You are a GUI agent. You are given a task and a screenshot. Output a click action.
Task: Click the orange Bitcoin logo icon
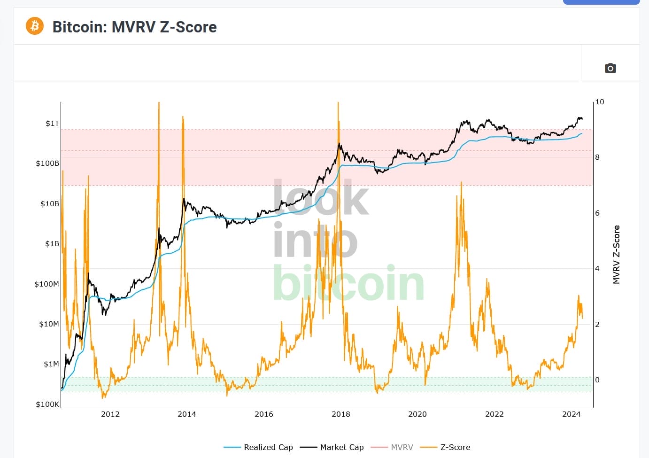35,26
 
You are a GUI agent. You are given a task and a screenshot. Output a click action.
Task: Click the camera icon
610,68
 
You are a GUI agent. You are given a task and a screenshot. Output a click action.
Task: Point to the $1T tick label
52,124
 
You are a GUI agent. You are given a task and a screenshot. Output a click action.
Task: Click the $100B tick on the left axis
47,163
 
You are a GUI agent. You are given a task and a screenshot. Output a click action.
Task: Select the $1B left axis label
52,244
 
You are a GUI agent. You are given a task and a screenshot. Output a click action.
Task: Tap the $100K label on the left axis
47,404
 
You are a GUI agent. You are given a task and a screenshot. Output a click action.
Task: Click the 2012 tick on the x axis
110,414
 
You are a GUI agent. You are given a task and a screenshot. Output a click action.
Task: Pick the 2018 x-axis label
341,414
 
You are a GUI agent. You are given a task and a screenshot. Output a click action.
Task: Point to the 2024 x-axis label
572,414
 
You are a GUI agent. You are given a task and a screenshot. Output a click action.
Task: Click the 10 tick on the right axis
600,102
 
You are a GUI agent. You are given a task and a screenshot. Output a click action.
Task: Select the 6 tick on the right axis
597,213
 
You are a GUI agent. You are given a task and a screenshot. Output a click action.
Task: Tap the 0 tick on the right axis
597,380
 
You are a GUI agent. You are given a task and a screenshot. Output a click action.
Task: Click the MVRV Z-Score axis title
617,255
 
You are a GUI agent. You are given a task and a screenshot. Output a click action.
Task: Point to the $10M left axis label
49,324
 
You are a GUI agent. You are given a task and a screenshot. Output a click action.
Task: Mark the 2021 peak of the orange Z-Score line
462,183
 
